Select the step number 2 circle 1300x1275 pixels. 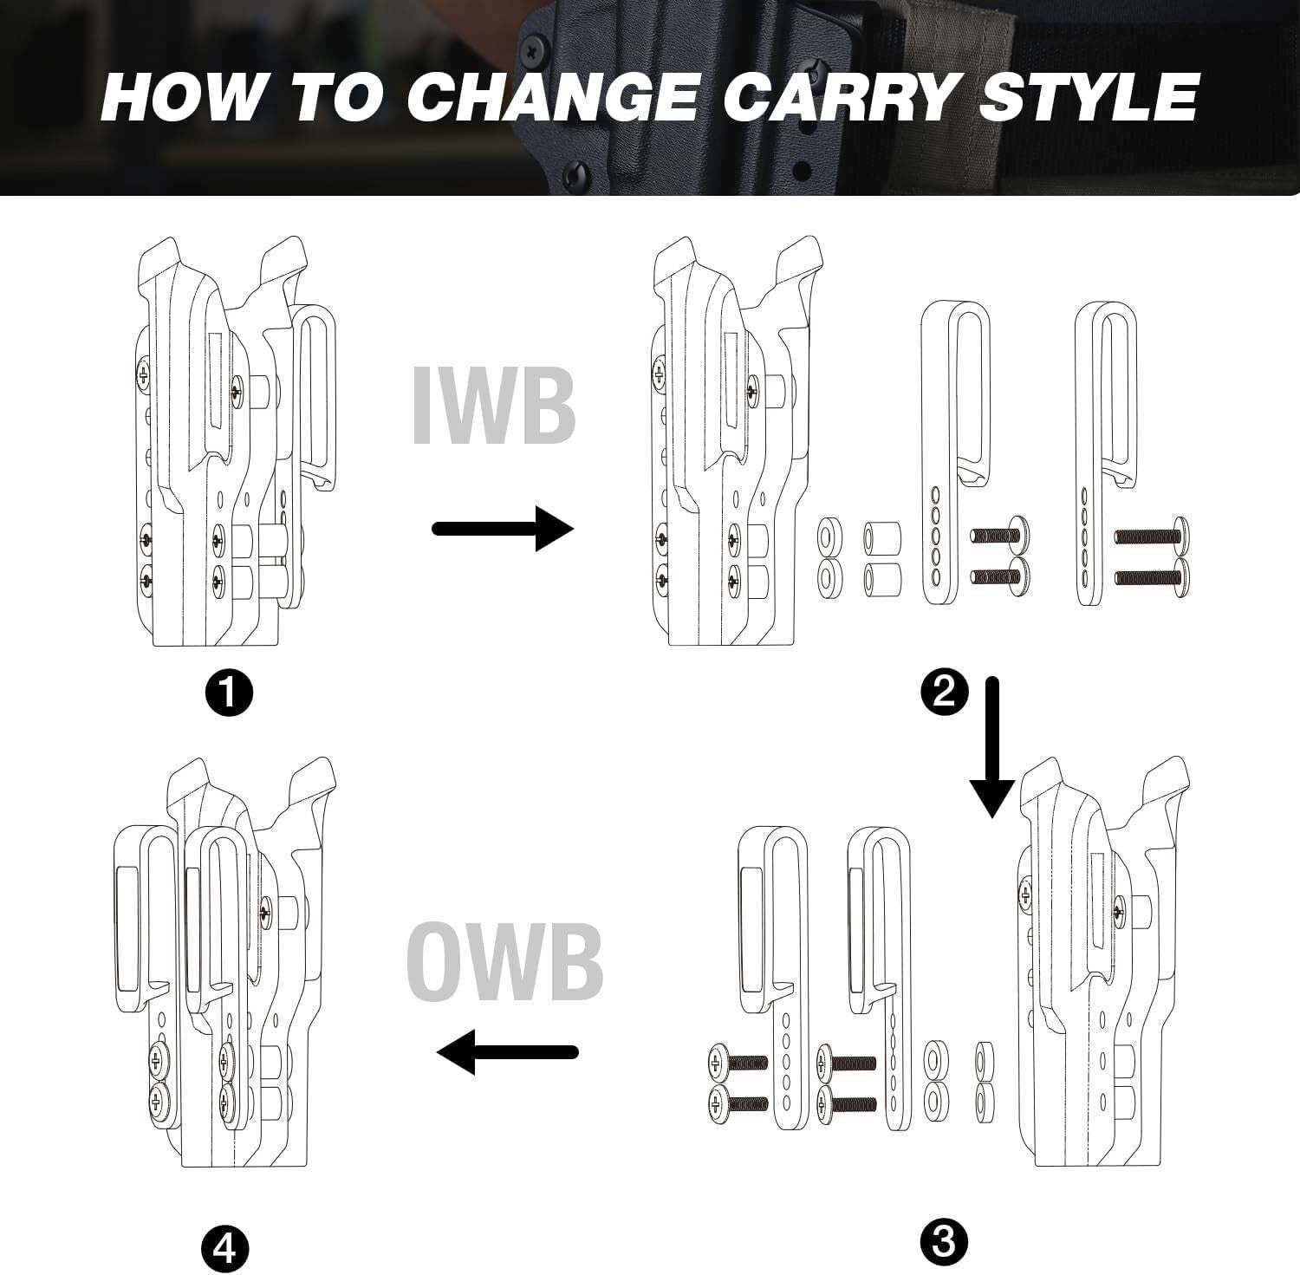tap(944, 693)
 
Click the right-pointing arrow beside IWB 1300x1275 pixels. tap(503, 529)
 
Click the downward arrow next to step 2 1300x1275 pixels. tap(992, 745)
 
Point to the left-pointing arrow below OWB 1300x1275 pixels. tap(507, 1052)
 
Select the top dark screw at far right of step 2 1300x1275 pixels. tap(1151, 537)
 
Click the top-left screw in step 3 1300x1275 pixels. tap(737, 1061)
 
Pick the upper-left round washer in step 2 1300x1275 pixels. tap(830, 530)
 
